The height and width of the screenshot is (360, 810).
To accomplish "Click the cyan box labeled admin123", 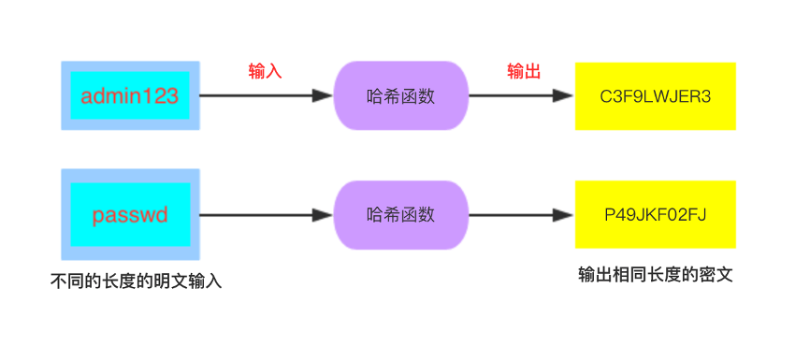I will (130, 95).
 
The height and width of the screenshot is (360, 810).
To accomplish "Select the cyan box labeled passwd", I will (130, 215).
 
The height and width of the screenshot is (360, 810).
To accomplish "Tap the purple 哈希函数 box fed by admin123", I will (400, 95).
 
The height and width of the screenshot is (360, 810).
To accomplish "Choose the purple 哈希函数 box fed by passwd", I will (400, 215).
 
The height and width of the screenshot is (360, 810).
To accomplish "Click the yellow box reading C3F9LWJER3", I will (655, 95).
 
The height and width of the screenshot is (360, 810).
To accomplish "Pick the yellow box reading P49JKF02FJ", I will (655, 215).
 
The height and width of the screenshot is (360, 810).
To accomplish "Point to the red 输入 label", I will (265, 72).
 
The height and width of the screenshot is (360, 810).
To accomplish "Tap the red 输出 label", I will (524, 72).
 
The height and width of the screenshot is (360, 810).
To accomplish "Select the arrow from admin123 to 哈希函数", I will (262, 95).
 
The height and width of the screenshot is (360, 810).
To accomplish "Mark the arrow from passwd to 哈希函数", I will (262, 215).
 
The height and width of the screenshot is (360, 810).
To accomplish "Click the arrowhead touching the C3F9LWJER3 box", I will (564, 95).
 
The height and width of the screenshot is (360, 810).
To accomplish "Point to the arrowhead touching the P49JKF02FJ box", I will (564, 215).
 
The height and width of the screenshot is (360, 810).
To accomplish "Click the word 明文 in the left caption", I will (170, 281).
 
